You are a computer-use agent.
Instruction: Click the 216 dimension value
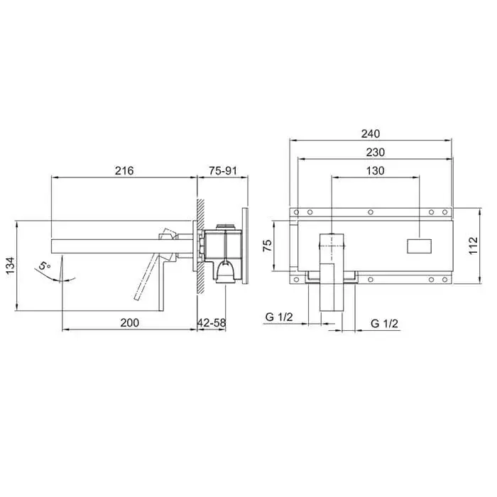[124, 171]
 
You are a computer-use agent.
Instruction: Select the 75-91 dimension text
[223, 171]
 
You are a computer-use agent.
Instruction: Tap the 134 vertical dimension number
[10, 266]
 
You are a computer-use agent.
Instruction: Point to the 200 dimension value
[130, 322]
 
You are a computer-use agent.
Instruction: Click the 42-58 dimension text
[212, 322]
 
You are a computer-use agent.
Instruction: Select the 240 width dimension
[371, 133]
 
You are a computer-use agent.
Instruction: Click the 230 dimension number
[376, 153]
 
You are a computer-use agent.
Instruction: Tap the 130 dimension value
[376, 171]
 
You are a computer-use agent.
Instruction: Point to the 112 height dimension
[473, 246]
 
